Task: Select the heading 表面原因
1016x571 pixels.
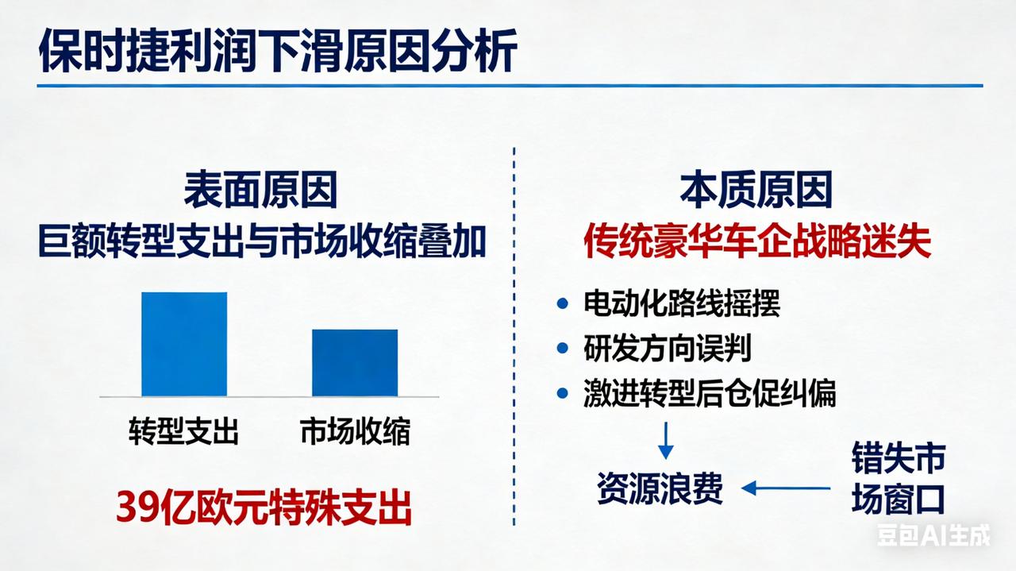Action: coord(261,191)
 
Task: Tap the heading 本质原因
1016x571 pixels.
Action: coord(756,191)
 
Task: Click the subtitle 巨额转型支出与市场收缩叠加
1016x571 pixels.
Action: coord(261,241)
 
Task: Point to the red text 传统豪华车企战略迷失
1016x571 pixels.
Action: coord(757,241)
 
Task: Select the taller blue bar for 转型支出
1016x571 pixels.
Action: coord(184,344)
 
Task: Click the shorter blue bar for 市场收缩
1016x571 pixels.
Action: coord(354,362)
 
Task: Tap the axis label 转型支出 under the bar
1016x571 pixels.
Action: coord(183,432)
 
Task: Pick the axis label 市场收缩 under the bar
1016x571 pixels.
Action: coord(355,432)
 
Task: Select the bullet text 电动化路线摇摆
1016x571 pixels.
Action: coord(682,303)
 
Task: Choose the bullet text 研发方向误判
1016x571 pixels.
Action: coord(667,349)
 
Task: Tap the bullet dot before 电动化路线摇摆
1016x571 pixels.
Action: coord(563,303)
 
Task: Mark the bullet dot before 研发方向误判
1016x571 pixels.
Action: coord(563,349)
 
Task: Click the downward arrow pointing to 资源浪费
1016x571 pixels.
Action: coord(665,439)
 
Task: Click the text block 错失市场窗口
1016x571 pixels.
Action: coord(898,480)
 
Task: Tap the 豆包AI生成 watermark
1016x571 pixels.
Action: coord(933,536)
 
